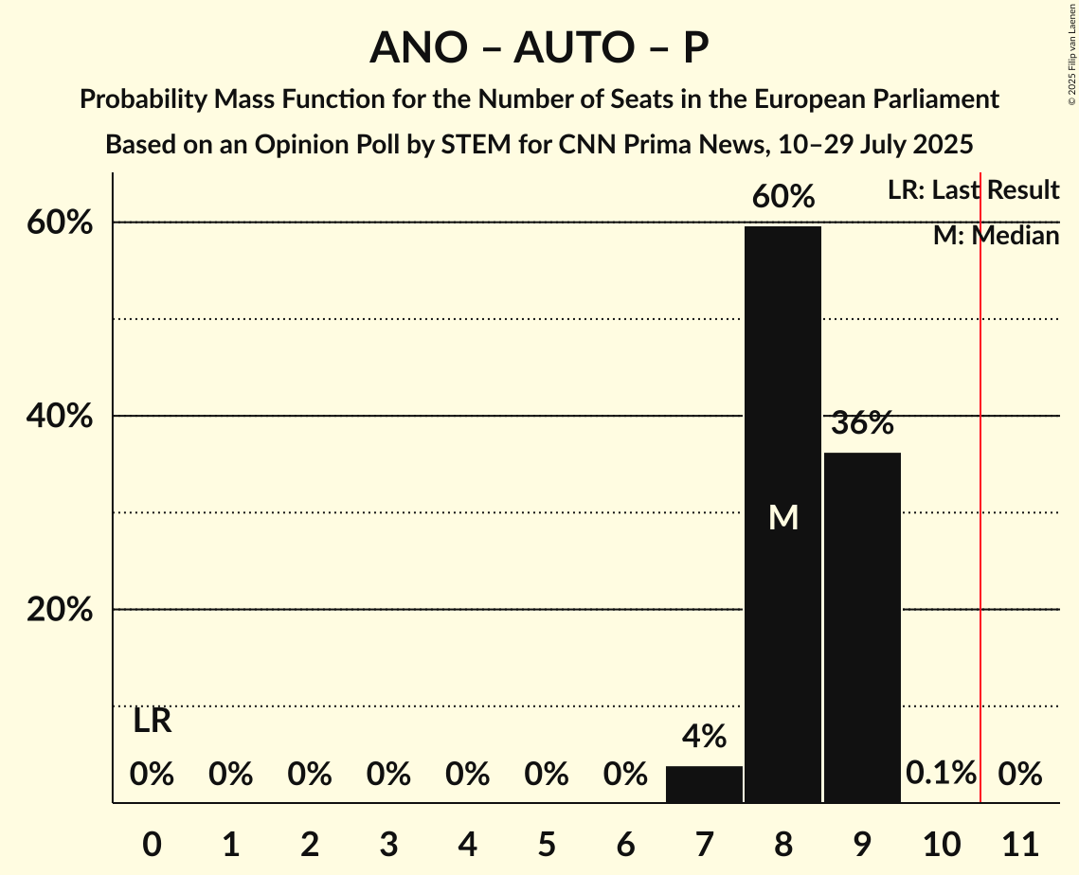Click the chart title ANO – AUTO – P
coord(539,47)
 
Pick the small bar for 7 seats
coord(704,784)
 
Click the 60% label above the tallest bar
coord(782,197)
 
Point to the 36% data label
coord(862,423)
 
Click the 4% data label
coord(704,736)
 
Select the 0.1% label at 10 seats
coord(941,774)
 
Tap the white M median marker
coord(783,517)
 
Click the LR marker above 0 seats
coord(152,722)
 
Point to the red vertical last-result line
coord(980,492)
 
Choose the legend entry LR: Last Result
coord(973,190)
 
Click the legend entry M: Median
coord(996,236)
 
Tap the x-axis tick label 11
coord(1020,841)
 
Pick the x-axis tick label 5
coord(546,841)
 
